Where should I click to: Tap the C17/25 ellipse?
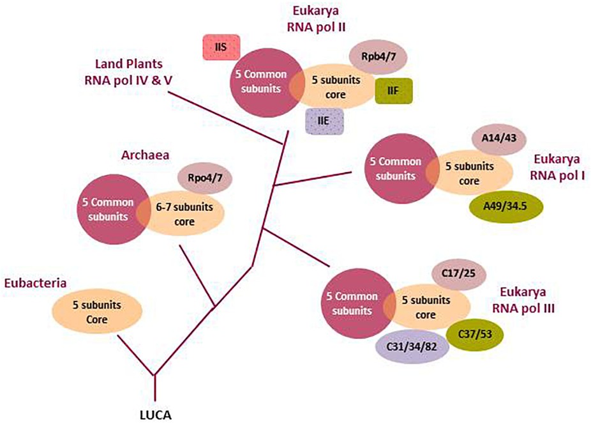tap(459, 273)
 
